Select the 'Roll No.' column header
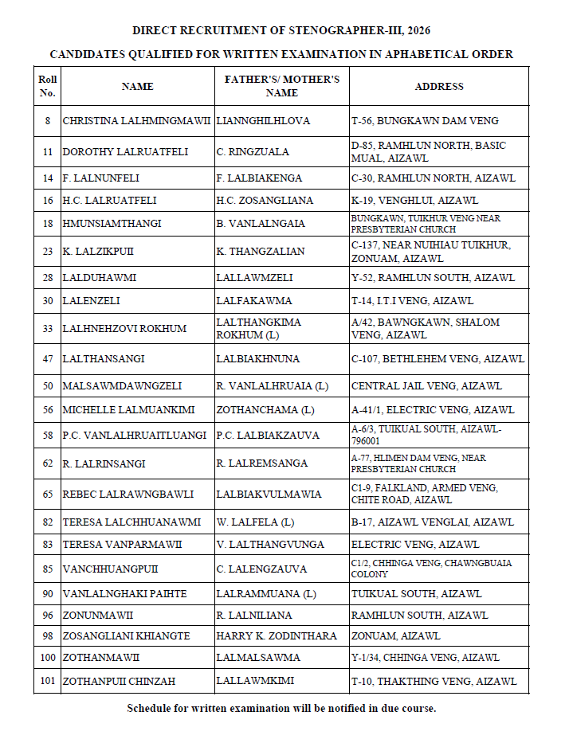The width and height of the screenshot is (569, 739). (x=47, y=86)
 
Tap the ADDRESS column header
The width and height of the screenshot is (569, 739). (x=438, y=86)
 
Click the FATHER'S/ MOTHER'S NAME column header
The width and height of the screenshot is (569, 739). (x=282, y=86)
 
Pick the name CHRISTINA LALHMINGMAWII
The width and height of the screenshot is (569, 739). (x=136, y=121)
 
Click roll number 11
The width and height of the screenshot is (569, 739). (x=47, y=151)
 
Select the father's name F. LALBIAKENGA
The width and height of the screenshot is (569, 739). (x=259, y=178)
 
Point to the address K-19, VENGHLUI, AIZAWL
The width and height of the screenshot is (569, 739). (x=414, y=201)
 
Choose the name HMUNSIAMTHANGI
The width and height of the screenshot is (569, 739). (x=112, y=223)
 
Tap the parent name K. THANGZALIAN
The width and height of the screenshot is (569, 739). (x=261, y=251)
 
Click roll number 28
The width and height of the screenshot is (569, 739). (x=47, y=278)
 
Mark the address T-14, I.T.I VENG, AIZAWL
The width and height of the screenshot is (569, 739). (x=412, y=301)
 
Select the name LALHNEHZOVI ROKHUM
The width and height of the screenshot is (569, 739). (x=124, y=328)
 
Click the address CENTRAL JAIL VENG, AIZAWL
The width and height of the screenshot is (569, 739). (x=426, y=386)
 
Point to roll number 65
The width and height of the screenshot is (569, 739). (x=47, y=494)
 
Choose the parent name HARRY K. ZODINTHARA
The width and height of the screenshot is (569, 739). (x=277, y=636)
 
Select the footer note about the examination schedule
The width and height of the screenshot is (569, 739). (x=281, y=708)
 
